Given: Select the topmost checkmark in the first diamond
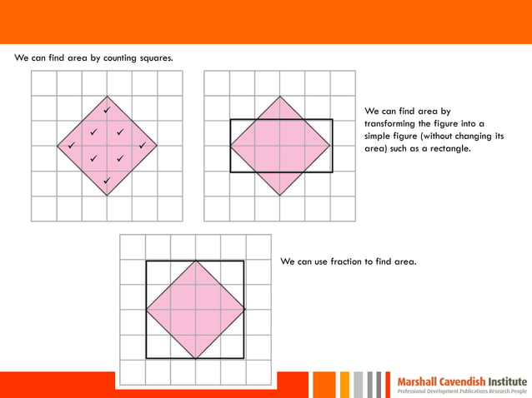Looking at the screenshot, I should pos(107,109).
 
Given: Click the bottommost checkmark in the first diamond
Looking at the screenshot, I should pos(107,181).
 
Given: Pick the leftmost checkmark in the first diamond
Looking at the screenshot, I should pos(71,146).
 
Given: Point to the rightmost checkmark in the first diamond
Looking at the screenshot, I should pos(143,146).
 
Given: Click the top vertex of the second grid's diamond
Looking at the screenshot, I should pos(281,97).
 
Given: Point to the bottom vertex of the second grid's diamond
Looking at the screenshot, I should pos(281,196).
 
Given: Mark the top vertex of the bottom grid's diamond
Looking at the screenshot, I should pos(196,261).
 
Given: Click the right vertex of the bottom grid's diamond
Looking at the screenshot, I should pos(245,310).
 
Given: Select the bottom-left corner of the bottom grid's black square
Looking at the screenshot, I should pos(147,358).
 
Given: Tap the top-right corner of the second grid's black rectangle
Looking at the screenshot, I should pos(332,120).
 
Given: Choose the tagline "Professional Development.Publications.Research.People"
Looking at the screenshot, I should pos(462,391).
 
